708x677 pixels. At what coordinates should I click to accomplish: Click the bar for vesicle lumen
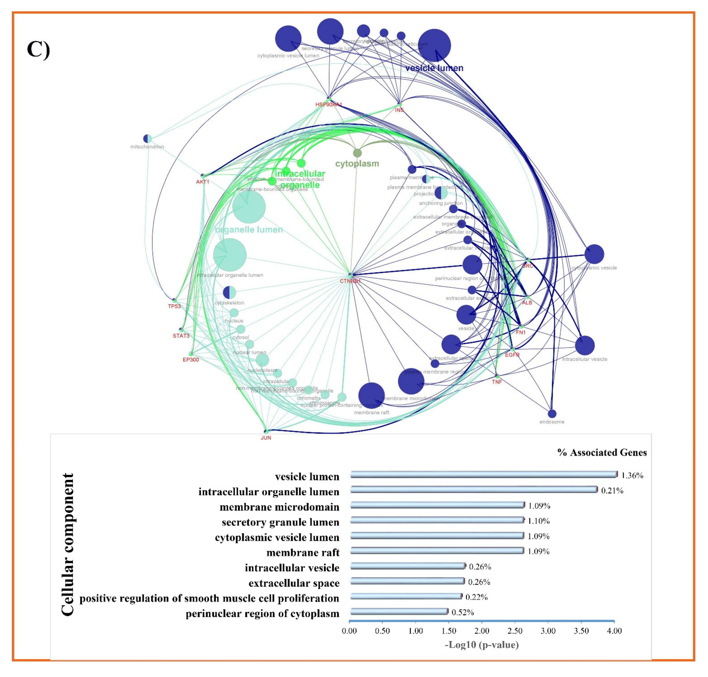(x=484, y=475)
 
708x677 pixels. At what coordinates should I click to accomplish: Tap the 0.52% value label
(x=463, y=612)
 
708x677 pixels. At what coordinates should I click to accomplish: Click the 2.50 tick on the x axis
(x=515, y=631)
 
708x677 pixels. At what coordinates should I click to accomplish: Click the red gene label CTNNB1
(x=350, y=281)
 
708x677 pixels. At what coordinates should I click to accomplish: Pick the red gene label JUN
(x=266, y=438)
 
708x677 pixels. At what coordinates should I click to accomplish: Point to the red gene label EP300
(x=191, y=359)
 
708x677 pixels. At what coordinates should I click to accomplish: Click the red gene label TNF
(x=497, y=382)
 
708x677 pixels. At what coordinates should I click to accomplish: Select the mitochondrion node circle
(x=147, y=139)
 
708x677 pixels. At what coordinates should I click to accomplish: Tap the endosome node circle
(x=552, y=414)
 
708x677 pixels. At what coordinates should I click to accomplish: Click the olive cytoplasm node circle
(x=357, y=153)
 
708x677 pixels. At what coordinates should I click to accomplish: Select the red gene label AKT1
(x=202, y=182)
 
